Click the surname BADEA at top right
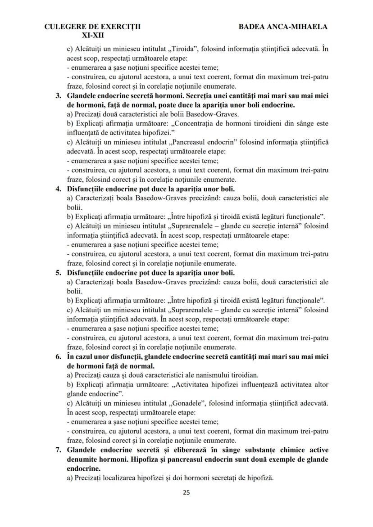click(x=254, y=27)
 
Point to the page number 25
click(x=186, y=492)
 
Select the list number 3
click(x=58, y=96)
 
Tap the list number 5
click(x=58, y=273)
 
